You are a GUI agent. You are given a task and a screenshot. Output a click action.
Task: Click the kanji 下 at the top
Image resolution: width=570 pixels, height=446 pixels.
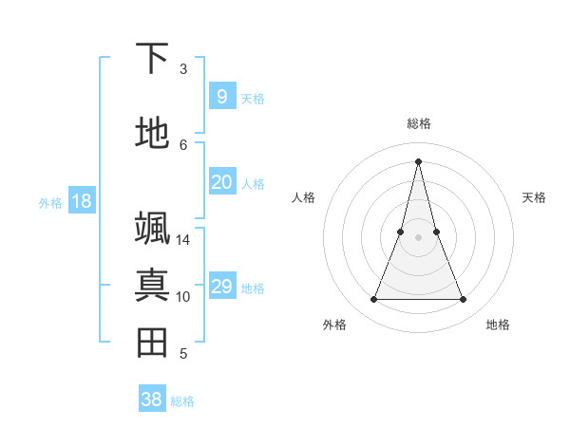pos(152,58)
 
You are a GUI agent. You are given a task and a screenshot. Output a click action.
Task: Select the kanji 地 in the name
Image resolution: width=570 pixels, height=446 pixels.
pos(152,134)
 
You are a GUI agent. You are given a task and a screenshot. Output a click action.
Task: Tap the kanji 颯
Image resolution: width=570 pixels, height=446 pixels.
pos(152,229)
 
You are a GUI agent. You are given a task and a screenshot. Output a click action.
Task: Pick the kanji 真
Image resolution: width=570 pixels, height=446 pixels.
pos(152,286)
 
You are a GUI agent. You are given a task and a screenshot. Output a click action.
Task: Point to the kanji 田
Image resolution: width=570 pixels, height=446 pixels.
pos(152,343)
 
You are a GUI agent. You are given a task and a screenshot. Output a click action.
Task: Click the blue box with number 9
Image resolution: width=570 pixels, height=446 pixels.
pos(221,97)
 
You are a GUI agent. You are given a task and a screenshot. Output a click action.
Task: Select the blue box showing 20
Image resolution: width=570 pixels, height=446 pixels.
pos(221,182)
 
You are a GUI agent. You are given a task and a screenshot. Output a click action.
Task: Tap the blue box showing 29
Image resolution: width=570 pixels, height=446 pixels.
pos(221,287)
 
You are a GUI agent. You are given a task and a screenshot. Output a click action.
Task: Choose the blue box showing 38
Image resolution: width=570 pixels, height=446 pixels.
pos(152,400)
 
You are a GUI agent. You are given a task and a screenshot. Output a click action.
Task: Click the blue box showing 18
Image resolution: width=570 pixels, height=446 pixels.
pos(81,201)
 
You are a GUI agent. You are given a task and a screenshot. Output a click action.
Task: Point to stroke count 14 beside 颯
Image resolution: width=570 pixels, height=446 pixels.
pos(183,240)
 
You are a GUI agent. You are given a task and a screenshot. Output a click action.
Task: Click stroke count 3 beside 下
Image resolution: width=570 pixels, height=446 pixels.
pos(183,69)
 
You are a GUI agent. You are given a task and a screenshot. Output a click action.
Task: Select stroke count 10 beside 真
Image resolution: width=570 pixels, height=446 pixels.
pos(183,297)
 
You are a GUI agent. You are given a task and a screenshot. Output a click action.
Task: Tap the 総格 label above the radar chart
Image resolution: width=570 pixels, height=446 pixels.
pos(419,123)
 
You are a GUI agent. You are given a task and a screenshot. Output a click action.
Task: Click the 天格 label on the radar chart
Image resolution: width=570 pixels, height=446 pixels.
pos(535,197)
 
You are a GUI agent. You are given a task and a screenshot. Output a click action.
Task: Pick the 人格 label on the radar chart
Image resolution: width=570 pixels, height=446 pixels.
pos(304,197)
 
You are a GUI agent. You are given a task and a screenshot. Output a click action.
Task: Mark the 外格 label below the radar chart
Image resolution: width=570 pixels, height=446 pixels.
pos(334,325)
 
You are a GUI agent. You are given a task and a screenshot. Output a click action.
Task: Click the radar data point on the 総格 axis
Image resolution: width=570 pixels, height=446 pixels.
pos(419,160)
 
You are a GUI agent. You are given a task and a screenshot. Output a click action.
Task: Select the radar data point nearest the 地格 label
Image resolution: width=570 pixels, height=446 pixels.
pos(464,300)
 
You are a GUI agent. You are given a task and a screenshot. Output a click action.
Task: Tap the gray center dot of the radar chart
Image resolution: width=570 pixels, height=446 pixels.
pos(419,236)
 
